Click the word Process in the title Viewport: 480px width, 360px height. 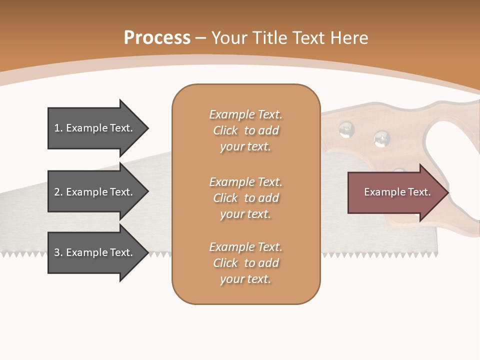[x=157, y=38]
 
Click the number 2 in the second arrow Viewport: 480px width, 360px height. [x=57, y=192]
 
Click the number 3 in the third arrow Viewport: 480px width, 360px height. [x=57, y=252]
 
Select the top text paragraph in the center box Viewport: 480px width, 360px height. [x=245, y=130]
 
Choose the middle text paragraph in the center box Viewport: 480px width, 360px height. [x=245, y=198]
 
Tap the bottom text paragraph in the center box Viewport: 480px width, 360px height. [x=245, y=263]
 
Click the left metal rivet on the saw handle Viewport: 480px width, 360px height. [x=346, y=129]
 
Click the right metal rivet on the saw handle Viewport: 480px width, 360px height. [x=381, y=138]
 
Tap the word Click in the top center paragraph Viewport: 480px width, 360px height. [x=225, y=130]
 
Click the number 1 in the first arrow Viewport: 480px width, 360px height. [x=57, y=128]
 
